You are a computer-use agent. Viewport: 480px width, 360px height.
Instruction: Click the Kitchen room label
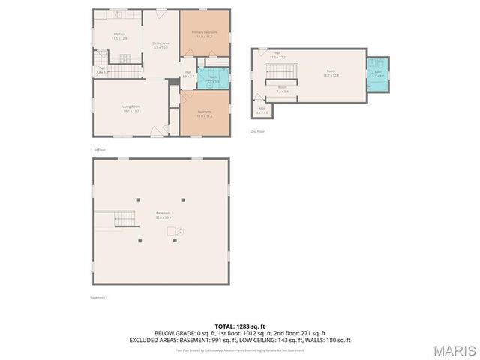click(x=120, y=36)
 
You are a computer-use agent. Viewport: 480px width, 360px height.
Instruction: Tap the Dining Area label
click(x=160, y=45)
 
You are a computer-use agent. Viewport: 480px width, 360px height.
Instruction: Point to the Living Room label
click(x=132, y=108)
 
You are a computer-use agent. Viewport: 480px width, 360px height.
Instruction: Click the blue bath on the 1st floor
click(x=213, y=78)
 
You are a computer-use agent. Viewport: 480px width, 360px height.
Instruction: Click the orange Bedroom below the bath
click(x=205, y=114)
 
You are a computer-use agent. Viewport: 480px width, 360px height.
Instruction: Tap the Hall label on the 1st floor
click(x=188, y=74)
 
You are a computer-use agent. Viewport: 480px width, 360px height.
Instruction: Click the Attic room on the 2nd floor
click(x=262, y=110)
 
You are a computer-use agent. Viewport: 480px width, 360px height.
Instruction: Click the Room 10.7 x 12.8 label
click(x=331, y=73)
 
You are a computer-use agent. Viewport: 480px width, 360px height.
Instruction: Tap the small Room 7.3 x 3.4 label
click(x=283, y=89)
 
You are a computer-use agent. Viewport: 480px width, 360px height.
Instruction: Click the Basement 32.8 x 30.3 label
click(x=163, y=214)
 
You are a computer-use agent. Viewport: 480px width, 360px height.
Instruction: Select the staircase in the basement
click(x=124, y=218)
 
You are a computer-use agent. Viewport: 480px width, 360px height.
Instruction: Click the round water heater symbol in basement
click(x=179, y=232)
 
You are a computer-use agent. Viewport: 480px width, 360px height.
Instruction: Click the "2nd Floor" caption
click(x=257, y=131)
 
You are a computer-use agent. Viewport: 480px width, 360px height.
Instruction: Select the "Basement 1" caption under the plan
click(x=99, y=298)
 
